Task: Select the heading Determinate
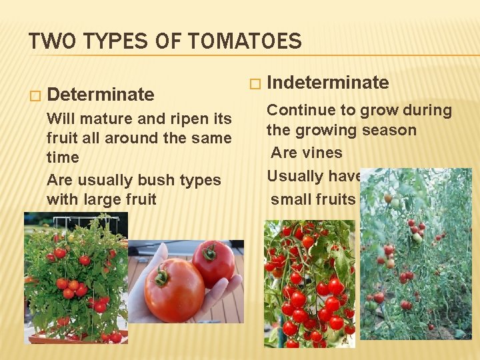coord(101,94)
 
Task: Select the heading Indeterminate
coord(327,83)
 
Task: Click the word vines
coord(320,153)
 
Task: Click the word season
coord(389,130)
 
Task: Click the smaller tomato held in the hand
coord(214,263)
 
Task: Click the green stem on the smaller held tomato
coord(211,253)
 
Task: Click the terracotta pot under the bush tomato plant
coord(76,338)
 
